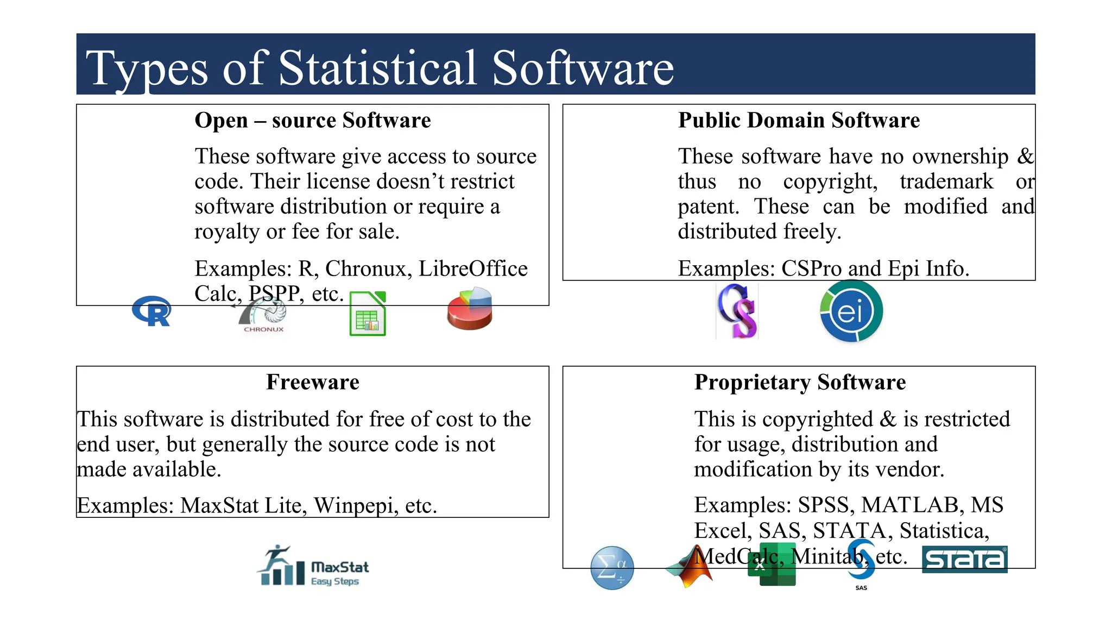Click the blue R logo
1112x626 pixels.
[152, 311]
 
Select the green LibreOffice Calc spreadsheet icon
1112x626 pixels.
[368, 314]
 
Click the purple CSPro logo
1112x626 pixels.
[737, 311]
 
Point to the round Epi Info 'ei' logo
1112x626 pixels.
[851, 311]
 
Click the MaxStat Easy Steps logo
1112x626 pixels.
[314, 566]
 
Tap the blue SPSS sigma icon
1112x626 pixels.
[612, 568]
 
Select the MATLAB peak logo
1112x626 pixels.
[690, 566]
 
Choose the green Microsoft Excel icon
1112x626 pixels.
[772, 565]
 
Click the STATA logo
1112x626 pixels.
[965, 559]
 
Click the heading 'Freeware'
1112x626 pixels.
[313, 382]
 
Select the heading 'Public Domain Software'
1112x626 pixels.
[799, 120]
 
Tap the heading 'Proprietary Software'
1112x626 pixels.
[800, 382]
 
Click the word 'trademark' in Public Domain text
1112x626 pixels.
[946, 181]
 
